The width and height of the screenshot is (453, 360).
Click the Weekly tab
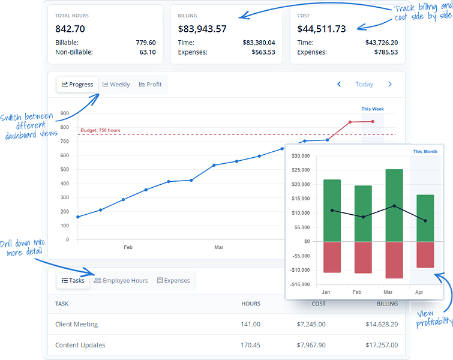pyautogui.click(x=116, y=85)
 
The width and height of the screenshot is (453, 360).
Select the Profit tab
pyautogui.click(x=150, y=85)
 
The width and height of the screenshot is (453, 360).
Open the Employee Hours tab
pyautogui.click(x=121, y=281)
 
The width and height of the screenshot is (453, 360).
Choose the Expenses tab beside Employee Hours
pyautogui.click(x=173, y=281)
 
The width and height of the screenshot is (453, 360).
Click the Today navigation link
pyautogui.click(x=364, y=84)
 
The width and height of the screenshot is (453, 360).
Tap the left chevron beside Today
pyautogui.click(x=339, y=84)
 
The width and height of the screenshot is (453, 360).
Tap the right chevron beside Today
pyautogui.click(x=390, y=84)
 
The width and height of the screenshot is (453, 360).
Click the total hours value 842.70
pyautogui.click(x=70, y=29)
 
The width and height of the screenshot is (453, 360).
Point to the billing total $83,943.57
pyautogui.click(x=202, y=29)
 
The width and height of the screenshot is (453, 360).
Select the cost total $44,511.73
pyautogui.click(x=322, y=29)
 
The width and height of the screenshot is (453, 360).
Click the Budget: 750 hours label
pyautogui.click(x=100, y=130)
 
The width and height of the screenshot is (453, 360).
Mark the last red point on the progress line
pyautogui.click(x=373, y=122)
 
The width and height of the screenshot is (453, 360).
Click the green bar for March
pyautogui.click(x=394, y=205)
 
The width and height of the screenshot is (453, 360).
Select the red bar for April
pyautogui.click(x=425, y=254)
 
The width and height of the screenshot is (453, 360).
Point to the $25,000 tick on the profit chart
pyautogui.click(x=301, y=170)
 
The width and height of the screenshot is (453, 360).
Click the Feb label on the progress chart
pyautogui.click(x=128, y=247)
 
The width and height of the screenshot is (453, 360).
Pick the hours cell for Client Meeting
pyautogui.click(x=250, y=325)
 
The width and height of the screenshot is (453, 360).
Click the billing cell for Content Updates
pyautogui.click(x=382, y=345)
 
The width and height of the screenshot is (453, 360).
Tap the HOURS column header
pyautogui.click(x=251, y=304)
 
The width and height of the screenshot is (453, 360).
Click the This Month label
pyautogui.click(x=425, y=151)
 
